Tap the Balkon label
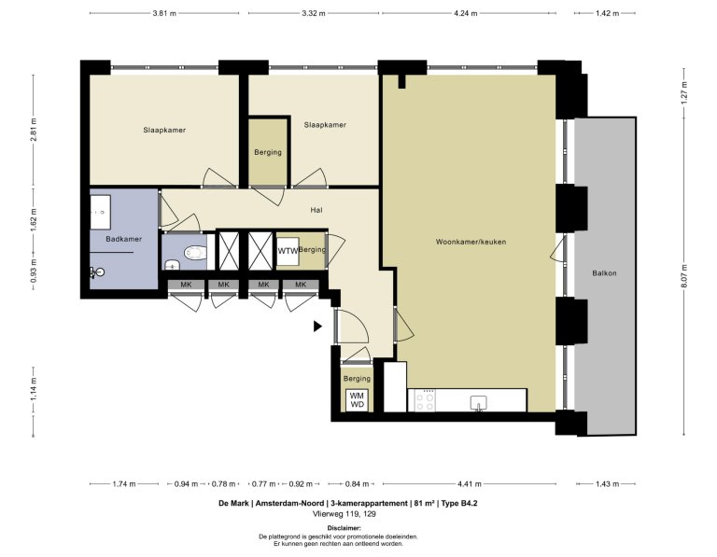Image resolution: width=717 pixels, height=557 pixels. (604, 273)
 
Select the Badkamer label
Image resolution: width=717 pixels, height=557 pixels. (123, 240)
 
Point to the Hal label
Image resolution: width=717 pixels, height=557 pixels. (316, 211)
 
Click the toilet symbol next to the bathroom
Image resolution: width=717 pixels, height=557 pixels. (193, 251)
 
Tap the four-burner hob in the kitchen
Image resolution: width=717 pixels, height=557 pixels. (424, 400)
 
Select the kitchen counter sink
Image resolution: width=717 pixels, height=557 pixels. (479, 402)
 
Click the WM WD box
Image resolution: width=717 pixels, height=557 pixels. (357, 399)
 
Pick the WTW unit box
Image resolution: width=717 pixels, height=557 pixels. (288, 251)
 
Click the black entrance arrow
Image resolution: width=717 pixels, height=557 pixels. (318, 327)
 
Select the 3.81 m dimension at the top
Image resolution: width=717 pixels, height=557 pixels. (165, 14)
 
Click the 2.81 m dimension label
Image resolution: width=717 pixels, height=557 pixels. (34, 132)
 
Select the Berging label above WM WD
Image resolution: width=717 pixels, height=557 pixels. (357, 379)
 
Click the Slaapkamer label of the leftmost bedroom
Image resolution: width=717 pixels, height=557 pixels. (164, 130)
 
